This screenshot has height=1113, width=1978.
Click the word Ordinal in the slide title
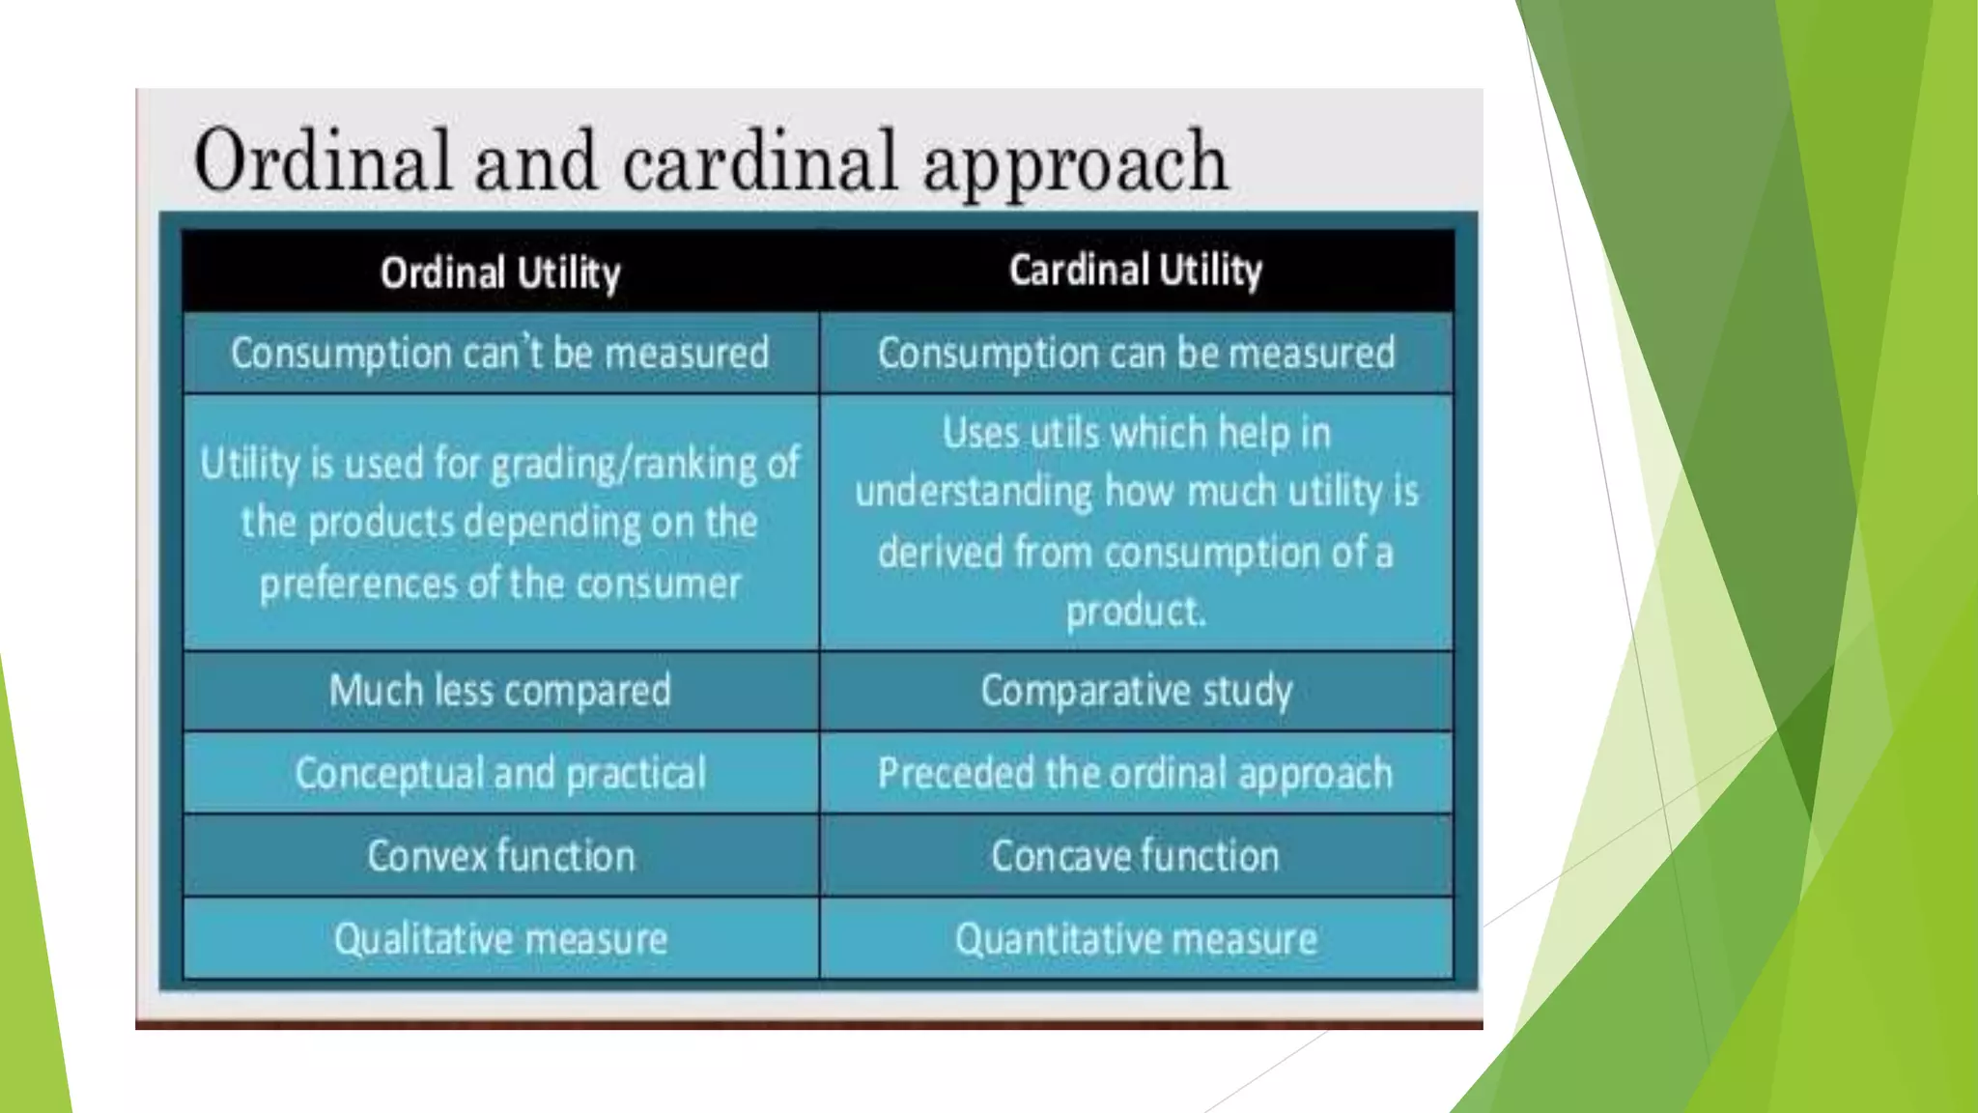pyautogui.click(x=322, y=160)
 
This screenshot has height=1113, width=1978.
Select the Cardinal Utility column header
pyautogui.click(x=1135, y=271)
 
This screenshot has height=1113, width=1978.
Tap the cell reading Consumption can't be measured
pyautogui.click(x=500, y=354)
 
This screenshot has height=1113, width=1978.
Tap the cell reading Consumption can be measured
pyautogui.click(x=1136, y=354)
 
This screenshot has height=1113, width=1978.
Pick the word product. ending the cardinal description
pyautogui.click(x=1136, y=612)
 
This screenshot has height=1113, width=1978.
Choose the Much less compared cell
pyautogui.click(x=500, y=691)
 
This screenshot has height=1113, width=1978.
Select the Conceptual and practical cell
pyautogui.click(x=500, y=774)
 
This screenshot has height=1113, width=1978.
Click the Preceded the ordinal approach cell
pyautogui.click(x=1136, y=774)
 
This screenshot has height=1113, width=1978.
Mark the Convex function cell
pyautogui.click(x=500, y=857)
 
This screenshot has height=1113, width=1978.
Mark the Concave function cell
pyautogui.click(x=1136, y=857)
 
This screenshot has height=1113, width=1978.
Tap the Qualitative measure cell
pyautogui.click(x=500, y=939)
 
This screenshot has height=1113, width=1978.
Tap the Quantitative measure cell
pyautogui.click(x=1136, y=939)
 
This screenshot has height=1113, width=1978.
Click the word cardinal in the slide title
pyautogui.click(x=760, y=160)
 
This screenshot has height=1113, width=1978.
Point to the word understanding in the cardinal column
pyautogui.click(x=973, y=492)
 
